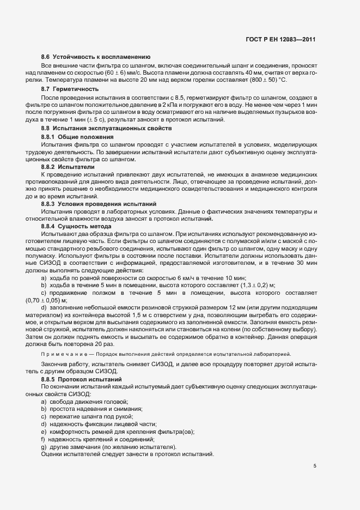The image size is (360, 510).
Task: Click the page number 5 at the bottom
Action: click(x=315, y=466)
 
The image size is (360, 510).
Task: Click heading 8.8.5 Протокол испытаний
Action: click(x=79, y=378)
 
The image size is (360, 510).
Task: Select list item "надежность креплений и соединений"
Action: click(x=101, y=439)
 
